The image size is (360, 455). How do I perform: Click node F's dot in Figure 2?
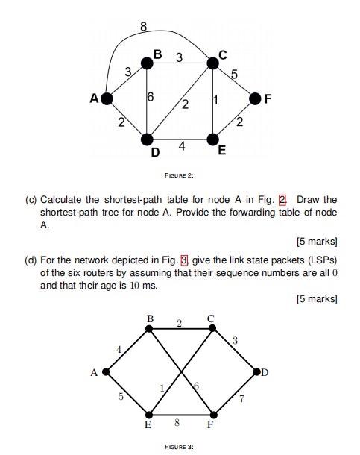(256, 98)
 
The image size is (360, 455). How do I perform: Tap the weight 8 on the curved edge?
(143, 28)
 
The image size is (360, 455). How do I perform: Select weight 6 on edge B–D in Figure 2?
(151, 98)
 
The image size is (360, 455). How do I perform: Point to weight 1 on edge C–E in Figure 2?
(215, 101)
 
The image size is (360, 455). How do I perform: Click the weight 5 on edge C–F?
(234, 74)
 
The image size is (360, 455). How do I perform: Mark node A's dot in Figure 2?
(107, 98)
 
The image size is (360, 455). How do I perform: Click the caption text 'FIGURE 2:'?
(179, 175)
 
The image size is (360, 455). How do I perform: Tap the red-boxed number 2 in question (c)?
(282, 200)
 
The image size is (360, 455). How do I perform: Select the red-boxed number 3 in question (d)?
(184, 260)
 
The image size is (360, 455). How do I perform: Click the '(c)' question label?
(31, 200)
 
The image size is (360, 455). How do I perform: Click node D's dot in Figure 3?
(257, 371)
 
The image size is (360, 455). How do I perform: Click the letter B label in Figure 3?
(151, 318)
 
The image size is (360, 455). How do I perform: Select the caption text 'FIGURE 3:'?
(179, 446)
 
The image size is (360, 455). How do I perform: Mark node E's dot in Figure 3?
(150, 414)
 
